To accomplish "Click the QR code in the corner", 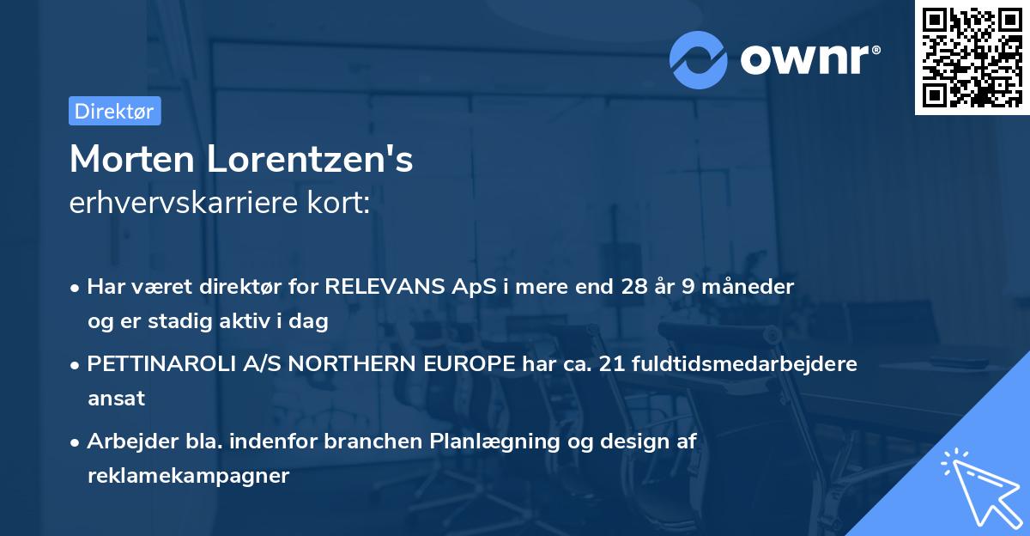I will point(972,58).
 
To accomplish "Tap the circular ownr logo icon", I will point(699,59).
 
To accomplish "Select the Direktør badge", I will point(114,111).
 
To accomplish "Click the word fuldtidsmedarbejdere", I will point(744,363).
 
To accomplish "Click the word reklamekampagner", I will point(188,475).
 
